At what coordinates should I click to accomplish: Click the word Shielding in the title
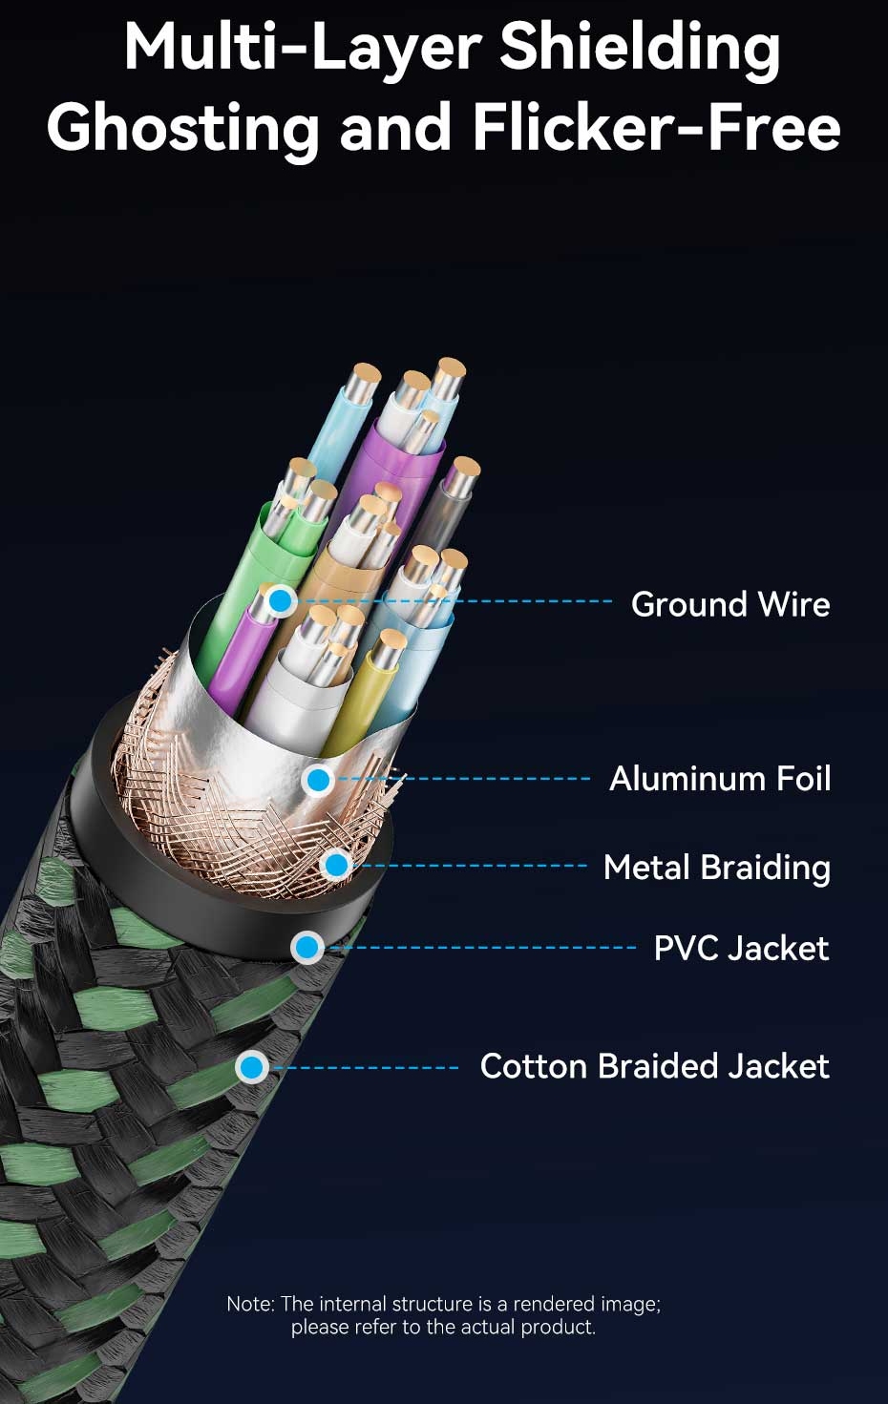coord(640,49)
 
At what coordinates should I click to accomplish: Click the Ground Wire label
coord(730,604)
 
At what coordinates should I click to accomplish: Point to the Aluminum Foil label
coord(720,779)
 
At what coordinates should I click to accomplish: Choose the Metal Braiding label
coord(717,869)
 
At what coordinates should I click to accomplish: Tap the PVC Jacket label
coord(741,948)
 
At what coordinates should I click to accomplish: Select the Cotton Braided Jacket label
coord(655,1066)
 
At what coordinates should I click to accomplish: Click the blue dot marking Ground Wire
coord(281,601)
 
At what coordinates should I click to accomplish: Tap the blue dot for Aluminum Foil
coord(319,780)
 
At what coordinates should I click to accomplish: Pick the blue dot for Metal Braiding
coord(337,866)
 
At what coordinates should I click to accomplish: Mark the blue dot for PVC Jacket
coord(307,947)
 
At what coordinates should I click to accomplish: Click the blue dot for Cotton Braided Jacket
coord(252,1067)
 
